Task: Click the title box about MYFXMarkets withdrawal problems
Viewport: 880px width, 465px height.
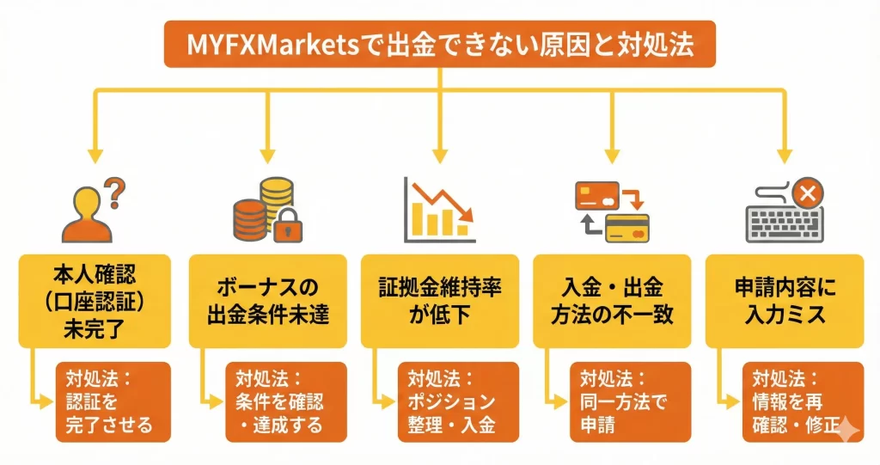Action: (439, 44)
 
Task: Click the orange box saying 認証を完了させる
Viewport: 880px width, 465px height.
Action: (113, 401)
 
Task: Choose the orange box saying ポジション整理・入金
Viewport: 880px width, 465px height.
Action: (457, 401)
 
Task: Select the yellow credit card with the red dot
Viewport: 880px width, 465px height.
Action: (626, 228)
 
